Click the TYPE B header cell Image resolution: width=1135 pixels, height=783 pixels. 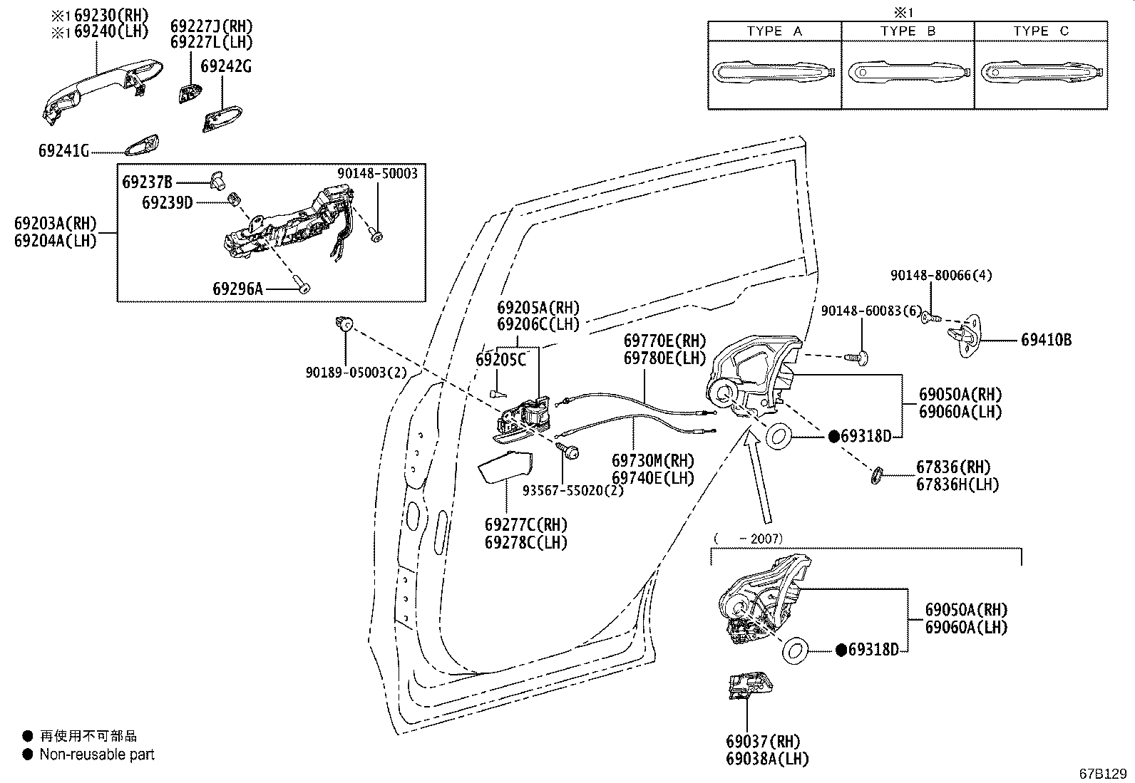[908, 31]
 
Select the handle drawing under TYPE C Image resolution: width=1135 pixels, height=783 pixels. [1043, 72]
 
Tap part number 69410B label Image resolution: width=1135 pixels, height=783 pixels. [1046, 341]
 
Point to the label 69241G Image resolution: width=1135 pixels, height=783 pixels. [63, 151]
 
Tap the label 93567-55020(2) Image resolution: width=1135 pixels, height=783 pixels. [573, 490]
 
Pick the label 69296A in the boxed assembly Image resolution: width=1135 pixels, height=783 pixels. [237, 289]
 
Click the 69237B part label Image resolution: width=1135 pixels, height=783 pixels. [147, 182]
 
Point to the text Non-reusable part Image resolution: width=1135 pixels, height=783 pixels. [97, 755]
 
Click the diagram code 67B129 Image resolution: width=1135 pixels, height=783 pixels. [1104, 773]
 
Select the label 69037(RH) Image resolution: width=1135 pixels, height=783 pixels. [763, 742]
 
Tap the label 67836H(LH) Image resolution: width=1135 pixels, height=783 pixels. [957, 484]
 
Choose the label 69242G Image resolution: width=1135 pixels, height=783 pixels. [225, 66]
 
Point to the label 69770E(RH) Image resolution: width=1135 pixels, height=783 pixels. [664, 341]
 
